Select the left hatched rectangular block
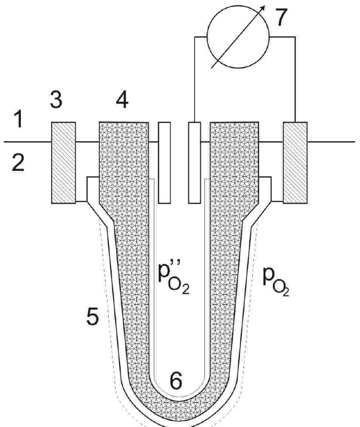[64, 162]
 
